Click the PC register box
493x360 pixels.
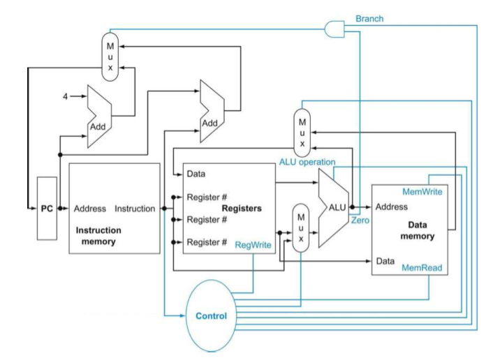(x=47, y=209)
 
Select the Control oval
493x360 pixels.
(x=211, y=315)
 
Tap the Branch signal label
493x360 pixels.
(x=369, y=19)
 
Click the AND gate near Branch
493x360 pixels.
(x=334, y=29)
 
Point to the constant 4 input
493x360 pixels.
(x=65, y=96)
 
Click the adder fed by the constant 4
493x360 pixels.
(x=99, y=117)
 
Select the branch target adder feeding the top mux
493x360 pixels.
(x=212, y=111)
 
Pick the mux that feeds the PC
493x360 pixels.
(x=110, y=57)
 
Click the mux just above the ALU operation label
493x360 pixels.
(x=302, y=133)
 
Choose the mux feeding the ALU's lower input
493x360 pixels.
(x=301, y=227)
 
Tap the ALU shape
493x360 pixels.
(x=333, y=208)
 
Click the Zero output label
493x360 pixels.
(x=360, y=220)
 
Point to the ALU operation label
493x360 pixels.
(x=307, y=162)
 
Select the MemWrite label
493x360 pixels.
(x=422, y=192)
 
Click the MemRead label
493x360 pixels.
(x=422, y=268)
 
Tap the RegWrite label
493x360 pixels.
(x=253, y=245)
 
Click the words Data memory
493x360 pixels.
(x=418, y=230)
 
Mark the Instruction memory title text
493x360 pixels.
(x=98, y=236)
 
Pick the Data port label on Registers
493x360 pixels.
(x=196, y=174)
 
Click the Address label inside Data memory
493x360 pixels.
(x=392, y=207)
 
